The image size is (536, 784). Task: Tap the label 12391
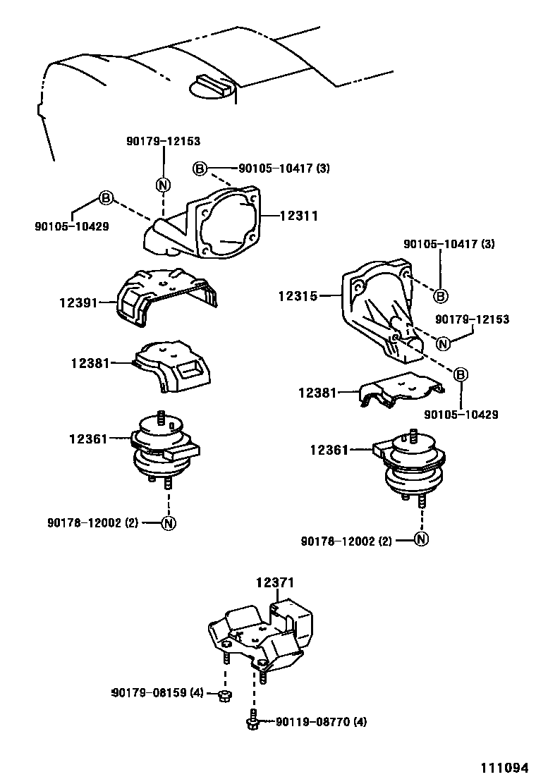[77, 302]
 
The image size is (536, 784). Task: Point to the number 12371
[274, 582]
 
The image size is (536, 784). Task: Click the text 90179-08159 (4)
[157, 692]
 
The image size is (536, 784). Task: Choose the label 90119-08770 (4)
[321, 721]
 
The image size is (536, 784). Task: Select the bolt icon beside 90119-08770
[252, 722]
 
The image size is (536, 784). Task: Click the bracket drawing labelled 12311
[212, 226]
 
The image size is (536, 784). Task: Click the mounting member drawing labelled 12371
[261, 631]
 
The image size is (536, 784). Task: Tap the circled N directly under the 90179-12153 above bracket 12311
[163, 185]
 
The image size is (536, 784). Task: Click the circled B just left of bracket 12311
[106, 197]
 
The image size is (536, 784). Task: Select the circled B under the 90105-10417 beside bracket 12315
[440, 295]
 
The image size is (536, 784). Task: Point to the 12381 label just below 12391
[90, 363]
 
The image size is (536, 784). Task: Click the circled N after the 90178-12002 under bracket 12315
[420, 540]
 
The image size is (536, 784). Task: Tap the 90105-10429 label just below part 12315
[461, 415]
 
